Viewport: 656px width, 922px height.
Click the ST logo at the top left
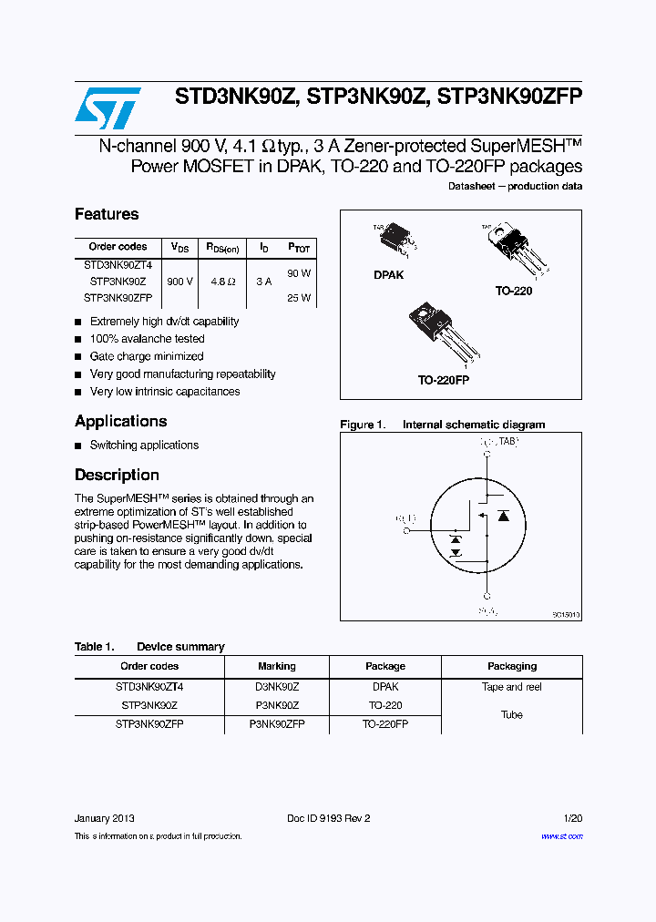click(x=108, y=108)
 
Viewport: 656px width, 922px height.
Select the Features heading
click(x=107, y=215)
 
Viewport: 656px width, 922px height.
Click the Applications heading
click(x=120, y=422)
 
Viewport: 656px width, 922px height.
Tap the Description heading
click(x=117, y=476)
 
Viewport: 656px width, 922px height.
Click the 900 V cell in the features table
click(x=179, y=282)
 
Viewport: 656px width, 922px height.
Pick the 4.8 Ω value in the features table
click(x=221, y=282)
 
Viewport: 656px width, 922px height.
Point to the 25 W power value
click(x=299, y=298)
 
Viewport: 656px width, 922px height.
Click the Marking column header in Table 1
click(x=277, y=666)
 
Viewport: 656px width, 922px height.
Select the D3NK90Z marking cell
click(x=277, y=687)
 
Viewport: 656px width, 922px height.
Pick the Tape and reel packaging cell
click(x=511, y=687)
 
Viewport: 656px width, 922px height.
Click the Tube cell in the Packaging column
click(x=511, y=715)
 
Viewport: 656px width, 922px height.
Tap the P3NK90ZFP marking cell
click(x=277, y=723)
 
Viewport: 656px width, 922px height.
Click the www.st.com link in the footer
click(x=561, y=835)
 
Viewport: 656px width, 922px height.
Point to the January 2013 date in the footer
click(x=105, y=818)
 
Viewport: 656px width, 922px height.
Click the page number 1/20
click(x=572, y=818)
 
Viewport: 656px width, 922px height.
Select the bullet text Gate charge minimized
click(x=146, y=356)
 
